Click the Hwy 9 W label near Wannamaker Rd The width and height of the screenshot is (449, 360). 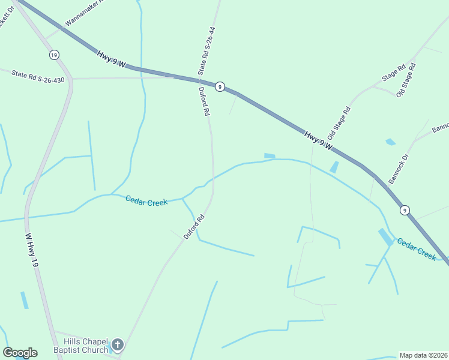111,59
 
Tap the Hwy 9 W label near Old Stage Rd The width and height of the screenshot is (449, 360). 318,140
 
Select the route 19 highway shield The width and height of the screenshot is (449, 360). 54,55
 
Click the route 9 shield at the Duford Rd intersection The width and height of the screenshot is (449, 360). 220,87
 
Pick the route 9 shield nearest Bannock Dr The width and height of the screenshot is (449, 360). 405,210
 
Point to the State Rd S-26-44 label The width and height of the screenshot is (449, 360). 208,50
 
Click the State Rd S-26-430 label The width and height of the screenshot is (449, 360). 38,76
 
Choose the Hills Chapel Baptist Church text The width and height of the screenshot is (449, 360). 80,346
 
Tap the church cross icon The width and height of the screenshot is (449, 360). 118,345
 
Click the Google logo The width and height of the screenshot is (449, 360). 20,353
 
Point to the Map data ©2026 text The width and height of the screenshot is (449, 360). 424,355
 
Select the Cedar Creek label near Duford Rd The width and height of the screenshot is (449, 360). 146,201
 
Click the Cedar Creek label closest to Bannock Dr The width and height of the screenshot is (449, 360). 416,248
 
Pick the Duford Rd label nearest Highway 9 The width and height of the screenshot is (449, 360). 205,101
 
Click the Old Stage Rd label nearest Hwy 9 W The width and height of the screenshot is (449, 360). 339,124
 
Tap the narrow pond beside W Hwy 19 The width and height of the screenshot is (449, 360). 24,300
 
